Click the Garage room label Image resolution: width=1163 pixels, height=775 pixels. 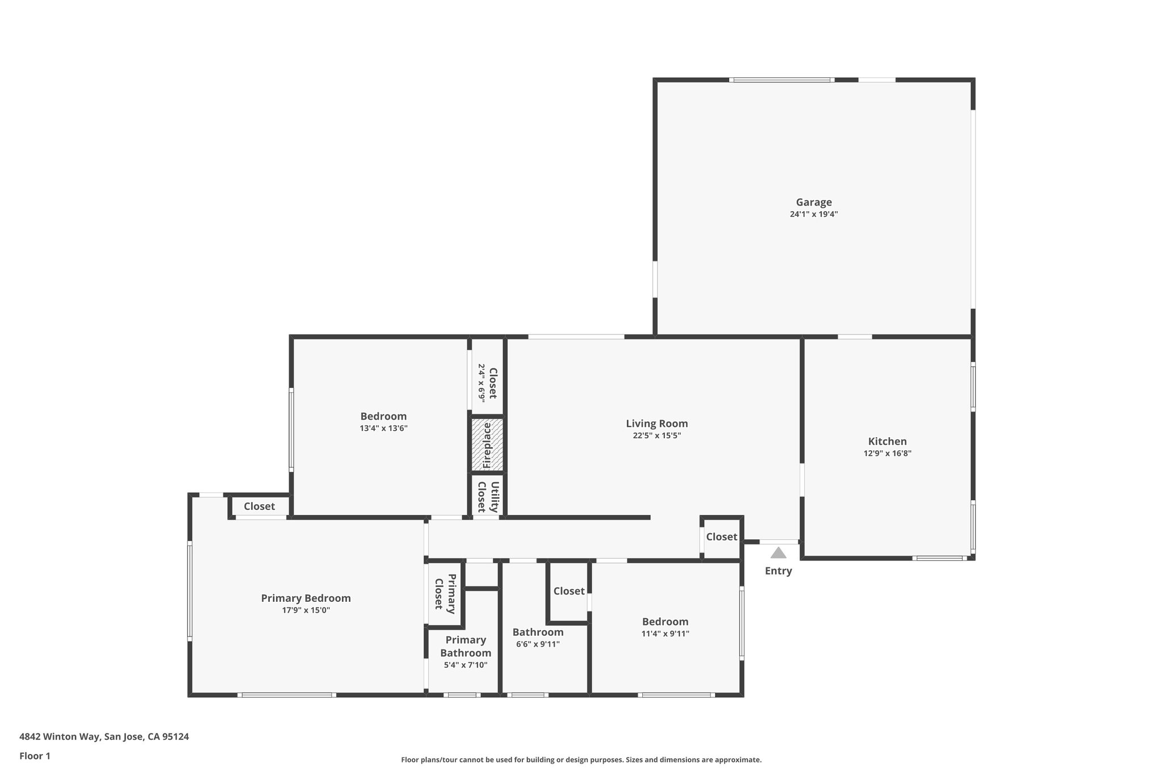(x=813, y=202)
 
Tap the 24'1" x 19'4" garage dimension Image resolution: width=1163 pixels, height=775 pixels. (x=813, y=215)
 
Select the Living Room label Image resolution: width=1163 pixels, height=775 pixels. (x=656, y=424)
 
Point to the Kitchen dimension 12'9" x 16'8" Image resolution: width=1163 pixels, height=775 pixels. (x=887, y=454)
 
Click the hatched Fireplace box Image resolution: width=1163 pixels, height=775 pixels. (x=487, y=445)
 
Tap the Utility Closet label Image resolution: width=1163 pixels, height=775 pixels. (x=488, y=497)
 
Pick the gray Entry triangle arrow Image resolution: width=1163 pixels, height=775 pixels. (x=778, y=553)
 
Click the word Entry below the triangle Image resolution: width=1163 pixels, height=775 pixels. (x=778, y=571)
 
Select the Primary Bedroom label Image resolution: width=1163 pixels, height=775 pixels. (x=306, y=598)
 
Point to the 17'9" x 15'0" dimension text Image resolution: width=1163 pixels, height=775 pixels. (x=306, y=610)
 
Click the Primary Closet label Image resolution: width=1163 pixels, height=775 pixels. (x=445, y=593)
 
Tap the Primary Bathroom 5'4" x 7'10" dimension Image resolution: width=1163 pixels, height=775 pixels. (x=465, y=665)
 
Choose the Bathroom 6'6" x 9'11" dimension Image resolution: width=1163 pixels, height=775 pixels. (x=537, y=644)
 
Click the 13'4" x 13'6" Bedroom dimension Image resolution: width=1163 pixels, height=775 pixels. (x=383, y=429)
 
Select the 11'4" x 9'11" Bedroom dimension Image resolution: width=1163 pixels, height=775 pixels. (x=665, y=634)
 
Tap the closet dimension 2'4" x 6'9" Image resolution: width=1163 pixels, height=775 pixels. (x=481, y=383)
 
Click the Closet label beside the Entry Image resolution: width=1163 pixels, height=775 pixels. (x=721, y=537)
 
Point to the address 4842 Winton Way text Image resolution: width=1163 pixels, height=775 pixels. (x=104, y=736)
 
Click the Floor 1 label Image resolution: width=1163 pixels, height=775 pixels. (x=35, y=756)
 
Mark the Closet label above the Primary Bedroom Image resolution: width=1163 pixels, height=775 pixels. (x=259, y=506)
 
